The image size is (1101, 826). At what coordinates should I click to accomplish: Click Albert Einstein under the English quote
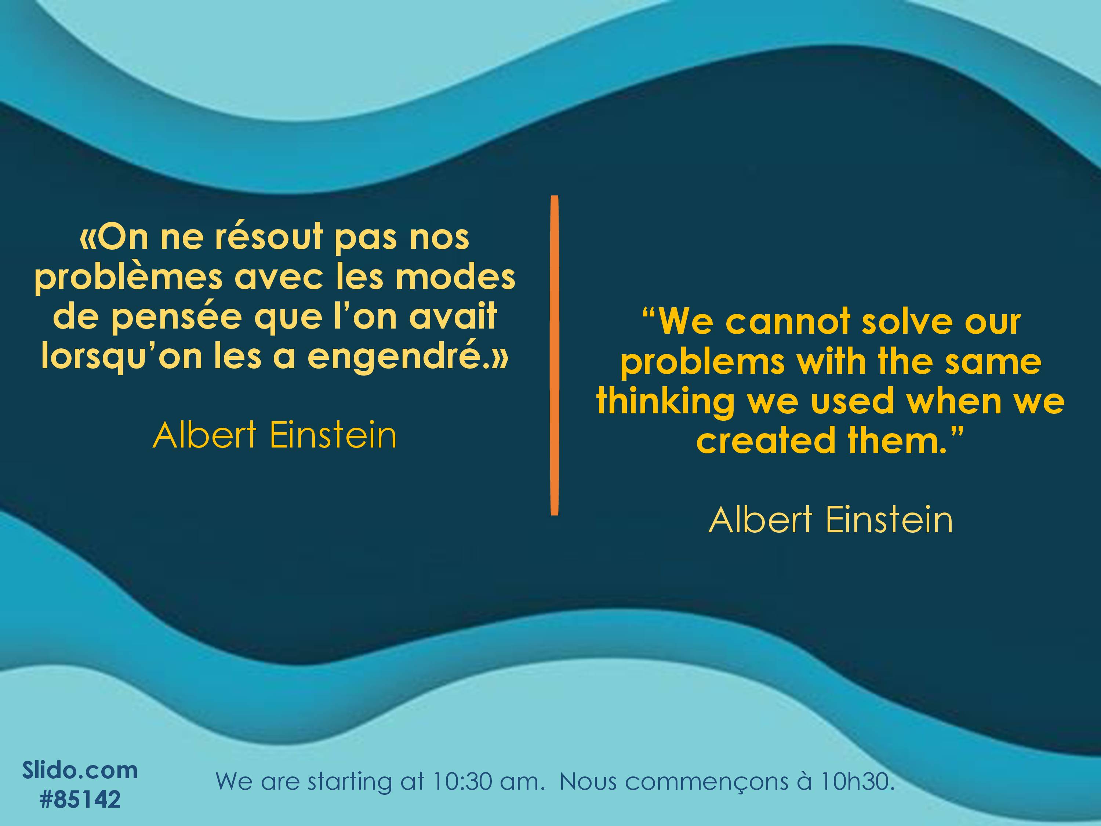click(x=831, y=520)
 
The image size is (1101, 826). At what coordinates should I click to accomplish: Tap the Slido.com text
click(x=80, y=770)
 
